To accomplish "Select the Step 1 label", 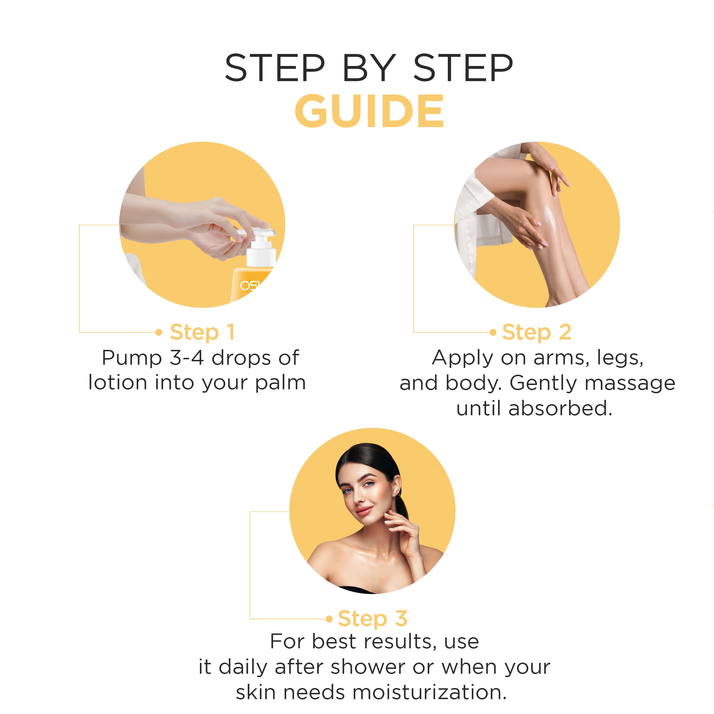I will coord(202,332).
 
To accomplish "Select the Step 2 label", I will coord(536,332).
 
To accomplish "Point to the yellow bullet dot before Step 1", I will coord(159,332).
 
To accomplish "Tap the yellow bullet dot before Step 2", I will coord(493,332).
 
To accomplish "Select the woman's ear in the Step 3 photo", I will coord(396,485).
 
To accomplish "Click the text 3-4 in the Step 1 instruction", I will coord(187,358).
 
